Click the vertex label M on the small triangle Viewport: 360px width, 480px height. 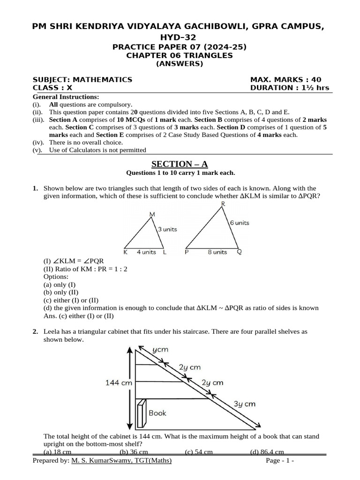pyautogui.click(x=152, y=215)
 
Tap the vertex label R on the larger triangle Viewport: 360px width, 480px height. pyautogui.click(x=223, y=203)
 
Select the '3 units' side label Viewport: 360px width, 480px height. pyautogui.click(x=167, y=229)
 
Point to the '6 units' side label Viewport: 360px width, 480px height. pyautogui.click(x=239, y=223)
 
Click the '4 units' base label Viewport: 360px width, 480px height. pyautogui.click(x=146, y=252)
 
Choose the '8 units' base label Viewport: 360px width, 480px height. pyautogui.click(x=217, y=252)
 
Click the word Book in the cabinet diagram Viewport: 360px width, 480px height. pyautogui.click(x=157, y=413)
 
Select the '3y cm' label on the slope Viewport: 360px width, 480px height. pyautogui.click(x=245, y=404)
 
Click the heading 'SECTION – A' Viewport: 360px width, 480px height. pyautogui.click(x=179, y=164)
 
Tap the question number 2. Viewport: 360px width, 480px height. pyautogui.click(x=35, y=331)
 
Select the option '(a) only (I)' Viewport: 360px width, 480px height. pyautogui.click(x=59, y=285)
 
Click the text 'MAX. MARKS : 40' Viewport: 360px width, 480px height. pyautogui.click(x=286, y=80)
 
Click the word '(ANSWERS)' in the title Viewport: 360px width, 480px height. pyautogui.click(x=180, y=64)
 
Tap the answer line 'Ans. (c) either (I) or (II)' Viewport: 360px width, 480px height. pyautogui.click(x=78, y=315)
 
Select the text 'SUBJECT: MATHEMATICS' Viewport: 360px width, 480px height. pyautogui.click(x=82, y=80)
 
